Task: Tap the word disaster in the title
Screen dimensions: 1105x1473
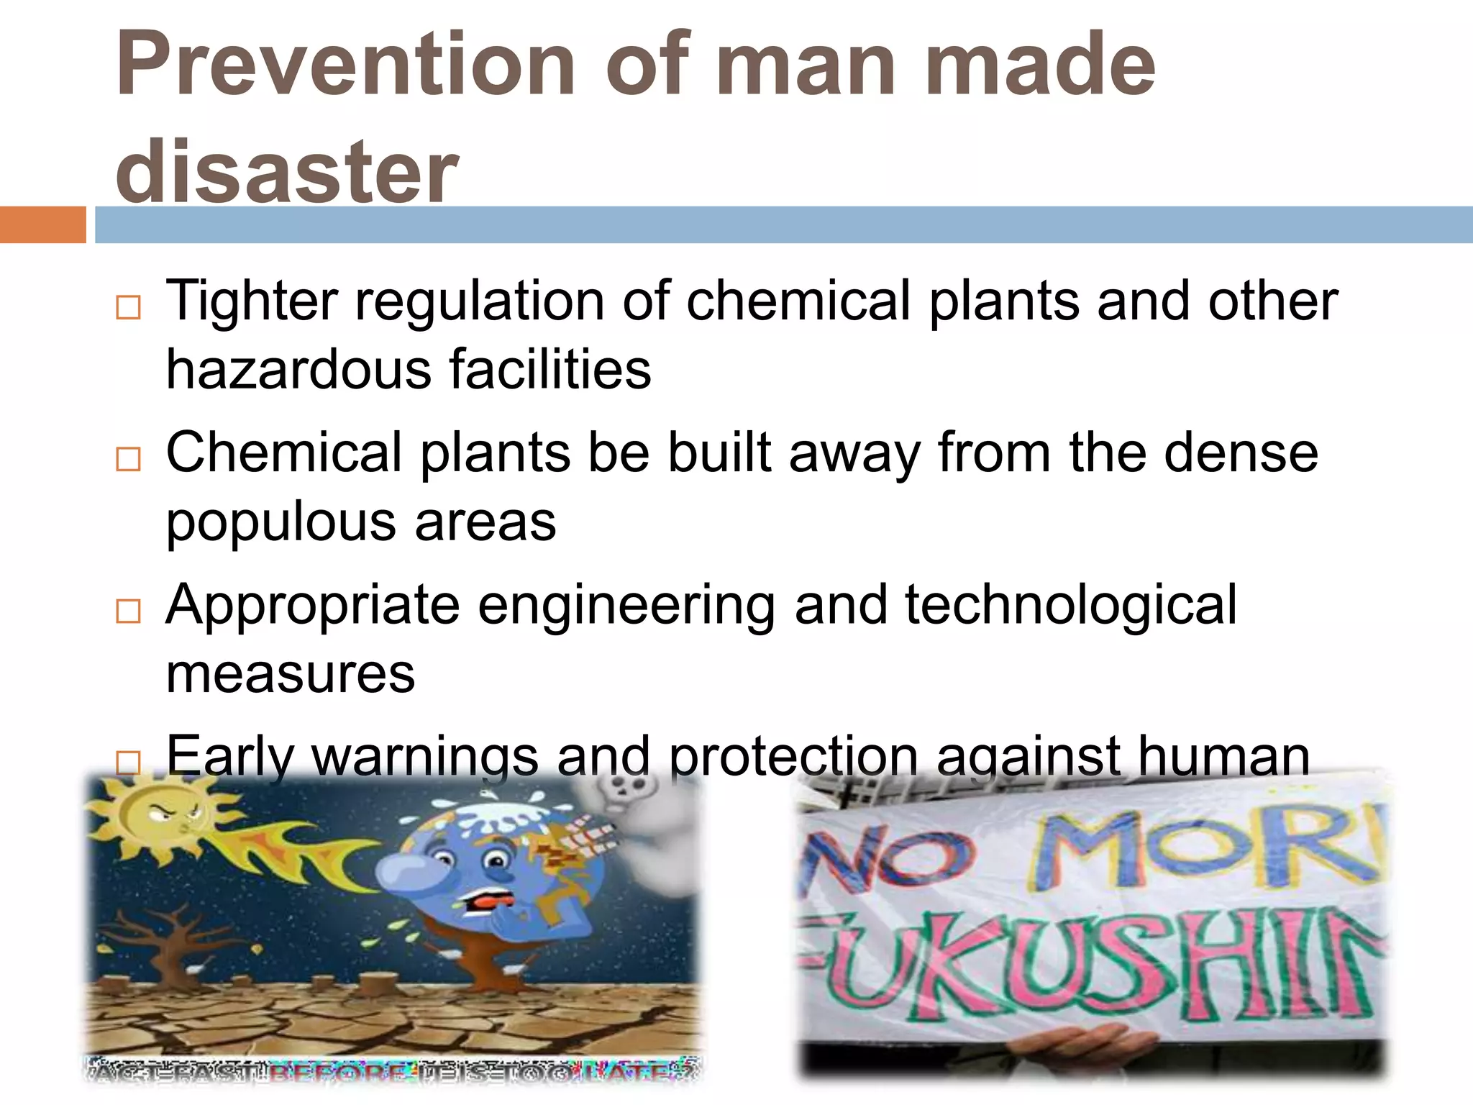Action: (x=286, y=173)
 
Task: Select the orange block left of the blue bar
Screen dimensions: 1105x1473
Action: (x=42, y=224)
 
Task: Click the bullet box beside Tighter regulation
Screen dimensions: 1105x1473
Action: (x=128, y=307)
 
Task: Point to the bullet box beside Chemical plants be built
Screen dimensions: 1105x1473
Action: (x=128, y=458)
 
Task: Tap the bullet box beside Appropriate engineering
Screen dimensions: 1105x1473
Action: (x=128, y=611)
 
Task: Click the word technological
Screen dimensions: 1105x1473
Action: (x=1070, y=604)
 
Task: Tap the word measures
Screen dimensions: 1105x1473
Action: (x=291, y=674)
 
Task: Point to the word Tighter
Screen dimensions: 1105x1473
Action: (x=252, y=301)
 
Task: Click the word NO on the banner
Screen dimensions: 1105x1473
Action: (x=892, y=860)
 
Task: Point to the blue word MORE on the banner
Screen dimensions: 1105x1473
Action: (x=1208, y=849)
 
